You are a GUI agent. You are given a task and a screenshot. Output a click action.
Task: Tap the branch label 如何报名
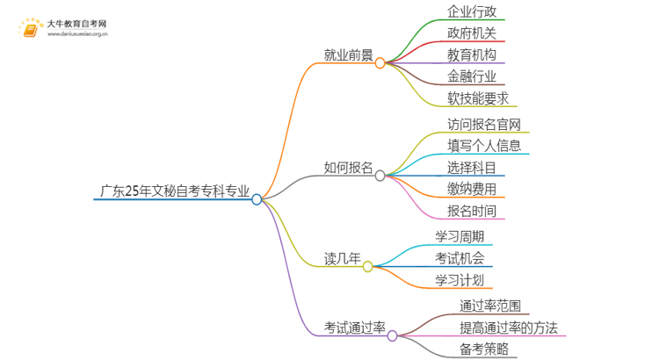pos(348,167)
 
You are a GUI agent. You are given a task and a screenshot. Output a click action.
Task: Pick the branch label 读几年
pos(343,258)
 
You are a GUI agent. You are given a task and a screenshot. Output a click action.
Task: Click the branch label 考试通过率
pos(355,328)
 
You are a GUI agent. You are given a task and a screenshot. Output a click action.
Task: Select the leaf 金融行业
pos(472,76)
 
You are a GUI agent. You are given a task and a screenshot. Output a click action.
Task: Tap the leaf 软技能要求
pos(478,97)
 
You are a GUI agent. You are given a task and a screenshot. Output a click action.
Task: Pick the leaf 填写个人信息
pos(483,145)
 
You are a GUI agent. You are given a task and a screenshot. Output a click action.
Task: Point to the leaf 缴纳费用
pos(472,188)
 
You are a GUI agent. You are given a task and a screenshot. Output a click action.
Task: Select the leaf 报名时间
pos(472,210)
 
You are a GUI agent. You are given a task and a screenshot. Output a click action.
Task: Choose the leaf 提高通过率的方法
pos(509,328)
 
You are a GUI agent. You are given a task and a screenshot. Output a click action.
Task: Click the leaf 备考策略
pos(483,349)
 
